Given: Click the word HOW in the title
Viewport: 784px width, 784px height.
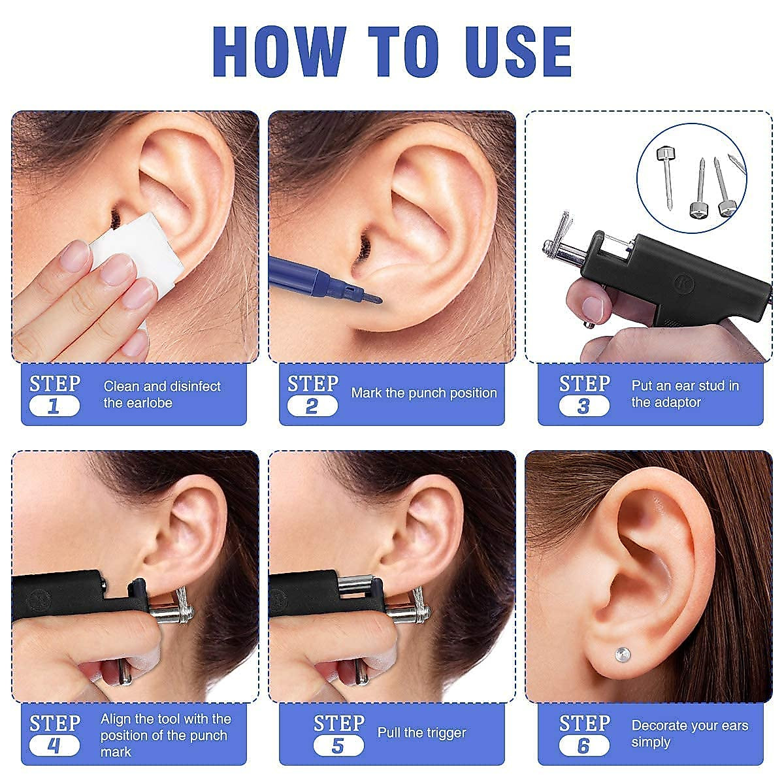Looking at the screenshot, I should click(x=279, y=52).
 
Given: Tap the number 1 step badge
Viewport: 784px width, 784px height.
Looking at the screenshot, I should click(x=54, y=406).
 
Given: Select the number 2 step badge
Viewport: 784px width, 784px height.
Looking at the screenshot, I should click(x=312, y=406).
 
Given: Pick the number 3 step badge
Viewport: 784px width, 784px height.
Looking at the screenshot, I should click(x=584, y=406).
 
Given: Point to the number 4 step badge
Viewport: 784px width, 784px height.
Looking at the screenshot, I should click(x=54, y=745).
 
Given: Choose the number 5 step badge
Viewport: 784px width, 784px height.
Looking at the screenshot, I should click(x=338, y=745).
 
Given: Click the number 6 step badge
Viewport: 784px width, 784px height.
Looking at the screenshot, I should click(x=584, y=745).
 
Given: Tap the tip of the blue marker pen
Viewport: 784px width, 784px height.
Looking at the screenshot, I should click(x=378, y=300).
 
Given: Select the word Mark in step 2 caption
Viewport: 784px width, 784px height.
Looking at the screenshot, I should click(x=367, y=393).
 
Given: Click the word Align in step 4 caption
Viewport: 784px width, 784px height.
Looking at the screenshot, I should click(x=116, y=719).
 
